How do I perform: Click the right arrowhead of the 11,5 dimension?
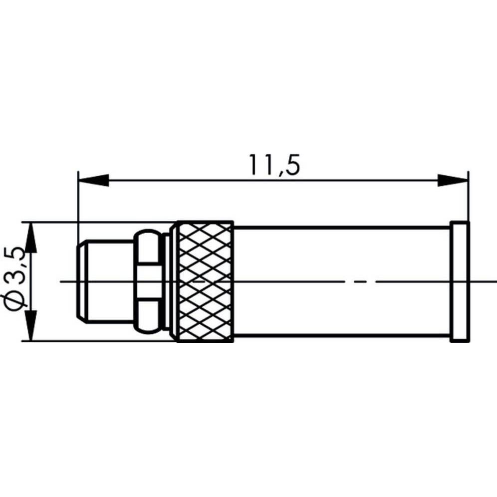coord(453,181)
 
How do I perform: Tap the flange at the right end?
coord(460,282)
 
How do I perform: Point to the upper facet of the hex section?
coord(148,247)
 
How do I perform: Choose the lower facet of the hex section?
coord(148,316)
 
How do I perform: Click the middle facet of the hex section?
coord(148,281)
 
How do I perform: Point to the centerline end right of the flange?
coord(483,282)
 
